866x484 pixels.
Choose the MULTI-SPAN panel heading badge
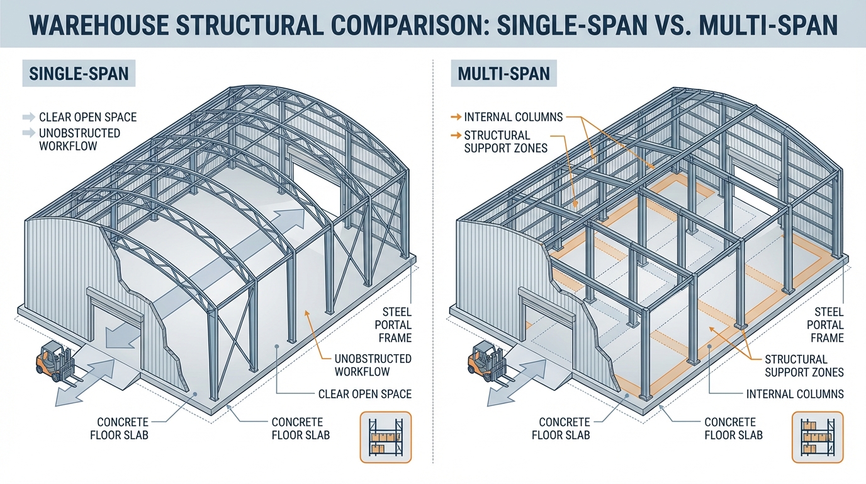pos(503,74)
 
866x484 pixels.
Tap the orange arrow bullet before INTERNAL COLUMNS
pos(455,117)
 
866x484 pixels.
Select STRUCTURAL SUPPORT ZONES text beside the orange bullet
pos(497,142)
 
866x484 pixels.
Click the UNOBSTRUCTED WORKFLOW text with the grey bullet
pos(79,139)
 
